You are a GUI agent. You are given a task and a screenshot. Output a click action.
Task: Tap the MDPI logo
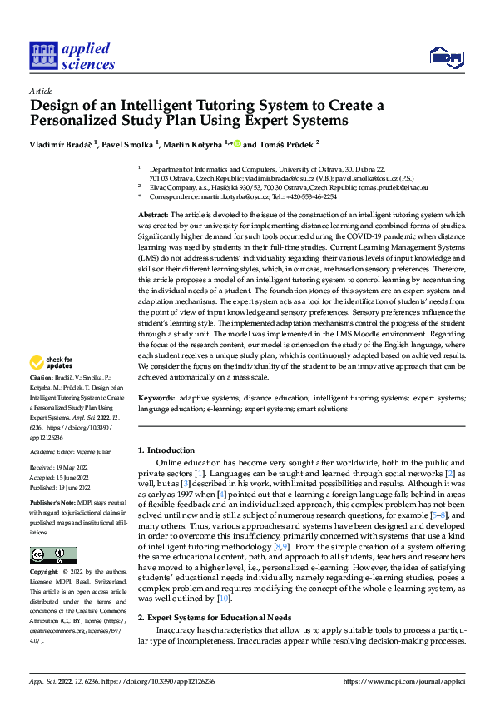point(445,56)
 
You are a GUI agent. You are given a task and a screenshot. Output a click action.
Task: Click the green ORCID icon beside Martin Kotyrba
point(236,143)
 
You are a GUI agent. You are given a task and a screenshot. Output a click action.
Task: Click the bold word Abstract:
point(154,215)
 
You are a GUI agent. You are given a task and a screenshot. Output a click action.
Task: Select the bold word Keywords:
point(156,399)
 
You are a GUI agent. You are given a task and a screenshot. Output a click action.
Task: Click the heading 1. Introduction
point(166,450)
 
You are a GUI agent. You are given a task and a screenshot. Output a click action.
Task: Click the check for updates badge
point(51,363)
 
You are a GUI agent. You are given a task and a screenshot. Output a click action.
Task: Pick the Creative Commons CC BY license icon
point(52,555)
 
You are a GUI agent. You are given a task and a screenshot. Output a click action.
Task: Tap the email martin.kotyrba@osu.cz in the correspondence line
point(230,197)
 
